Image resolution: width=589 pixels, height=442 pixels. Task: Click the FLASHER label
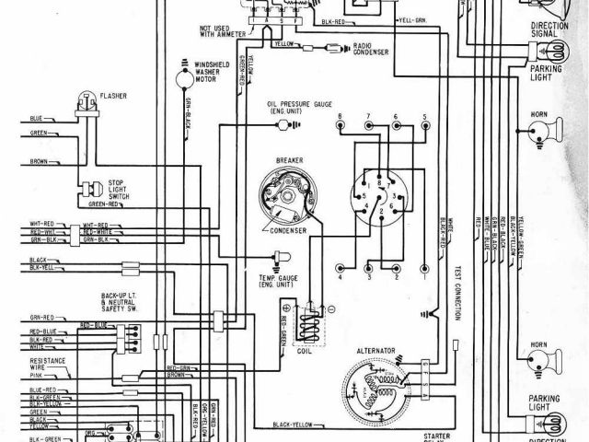[114, 95]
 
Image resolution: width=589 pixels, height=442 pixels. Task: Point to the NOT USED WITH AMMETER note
[217, 34]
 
